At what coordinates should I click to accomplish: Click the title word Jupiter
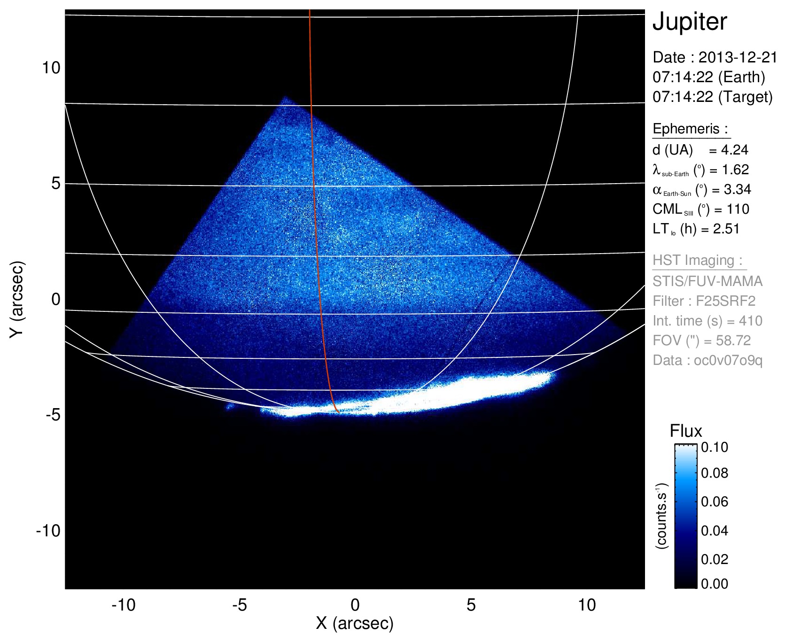690,22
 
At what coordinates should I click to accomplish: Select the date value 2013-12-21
738,57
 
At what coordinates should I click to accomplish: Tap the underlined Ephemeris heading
691,129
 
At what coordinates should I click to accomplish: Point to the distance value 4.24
735,150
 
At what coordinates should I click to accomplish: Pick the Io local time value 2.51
726,229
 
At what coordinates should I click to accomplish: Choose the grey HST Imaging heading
698,260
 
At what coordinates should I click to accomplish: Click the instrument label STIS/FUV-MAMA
707,281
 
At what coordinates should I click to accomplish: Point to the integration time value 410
750,321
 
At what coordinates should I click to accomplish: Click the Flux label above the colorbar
686,431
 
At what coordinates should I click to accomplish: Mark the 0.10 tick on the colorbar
715,447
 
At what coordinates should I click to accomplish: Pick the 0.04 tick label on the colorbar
715,531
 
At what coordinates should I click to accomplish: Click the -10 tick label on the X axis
124,605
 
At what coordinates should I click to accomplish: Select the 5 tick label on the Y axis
56,183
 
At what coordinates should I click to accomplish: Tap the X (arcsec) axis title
355,623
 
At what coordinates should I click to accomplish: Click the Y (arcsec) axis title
17,299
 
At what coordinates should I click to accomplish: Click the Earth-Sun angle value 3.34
736,189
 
